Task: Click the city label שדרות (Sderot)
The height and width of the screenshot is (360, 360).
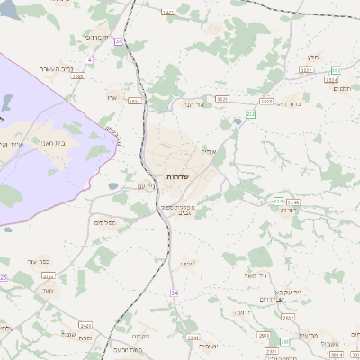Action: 177,177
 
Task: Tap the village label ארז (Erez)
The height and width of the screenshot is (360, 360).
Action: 112,97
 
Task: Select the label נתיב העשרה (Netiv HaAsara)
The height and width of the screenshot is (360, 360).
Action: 56,69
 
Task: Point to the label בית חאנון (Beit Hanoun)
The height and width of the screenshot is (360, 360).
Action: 54,141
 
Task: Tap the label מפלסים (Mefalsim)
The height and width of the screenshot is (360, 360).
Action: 105,221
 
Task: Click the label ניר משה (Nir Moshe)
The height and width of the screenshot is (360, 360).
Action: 256,274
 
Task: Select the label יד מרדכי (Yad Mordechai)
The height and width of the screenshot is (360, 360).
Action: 94,38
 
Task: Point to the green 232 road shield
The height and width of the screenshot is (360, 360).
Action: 251,114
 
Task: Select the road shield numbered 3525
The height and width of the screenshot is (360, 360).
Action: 265,102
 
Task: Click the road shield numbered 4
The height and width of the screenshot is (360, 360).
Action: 89,59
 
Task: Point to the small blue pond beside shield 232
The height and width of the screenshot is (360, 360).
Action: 237,120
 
